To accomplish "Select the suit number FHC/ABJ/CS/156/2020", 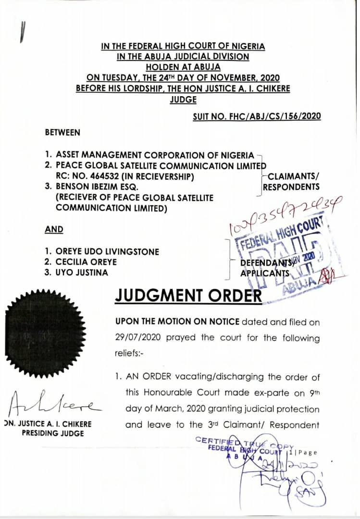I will pos(257,116).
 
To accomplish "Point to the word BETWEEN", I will pos(62,132).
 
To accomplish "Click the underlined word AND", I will pos(54,229).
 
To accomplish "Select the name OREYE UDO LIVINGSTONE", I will pos(108,251).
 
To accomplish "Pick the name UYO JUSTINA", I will pos(82,272).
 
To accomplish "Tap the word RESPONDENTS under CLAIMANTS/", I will pos(291,187).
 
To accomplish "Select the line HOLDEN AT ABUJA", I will pos(183,67).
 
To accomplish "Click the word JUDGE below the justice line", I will pos(183,99).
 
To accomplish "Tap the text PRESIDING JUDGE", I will pos(53,433).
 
